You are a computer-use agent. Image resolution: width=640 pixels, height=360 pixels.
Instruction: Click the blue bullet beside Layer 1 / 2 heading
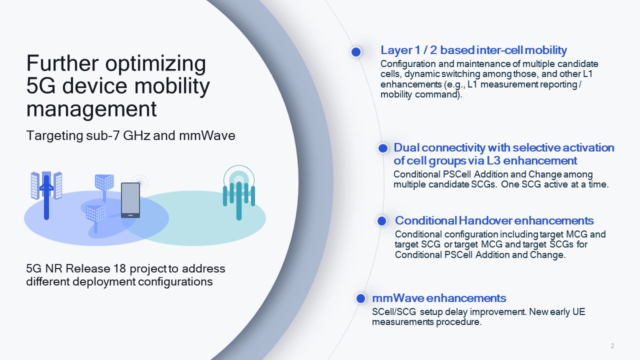(x=356, y=51)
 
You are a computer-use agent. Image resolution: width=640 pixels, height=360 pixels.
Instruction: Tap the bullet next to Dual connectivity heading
(x=383, y=148)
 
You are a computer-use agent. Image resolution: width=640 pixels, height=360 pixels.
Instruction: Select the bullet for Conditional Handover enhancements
(x=382, y=221)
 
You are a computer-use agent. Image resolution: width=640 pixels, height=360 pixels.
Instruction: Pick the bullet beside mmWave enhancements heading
(x=360, y=298)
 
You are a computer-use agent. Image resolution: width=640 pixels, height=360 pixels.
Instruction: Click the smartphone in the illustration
(x=130, y=200)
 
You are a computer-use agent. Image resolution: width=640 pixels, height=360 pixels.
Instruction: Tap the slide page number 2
(x=612, y=346)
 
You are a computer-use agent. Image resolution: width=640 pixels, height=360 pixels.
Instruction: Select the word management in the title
(x=91, y=108)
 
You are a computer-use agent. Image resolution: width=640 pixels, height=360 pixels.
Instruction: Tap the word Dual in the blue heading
(x=407, y=148)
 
